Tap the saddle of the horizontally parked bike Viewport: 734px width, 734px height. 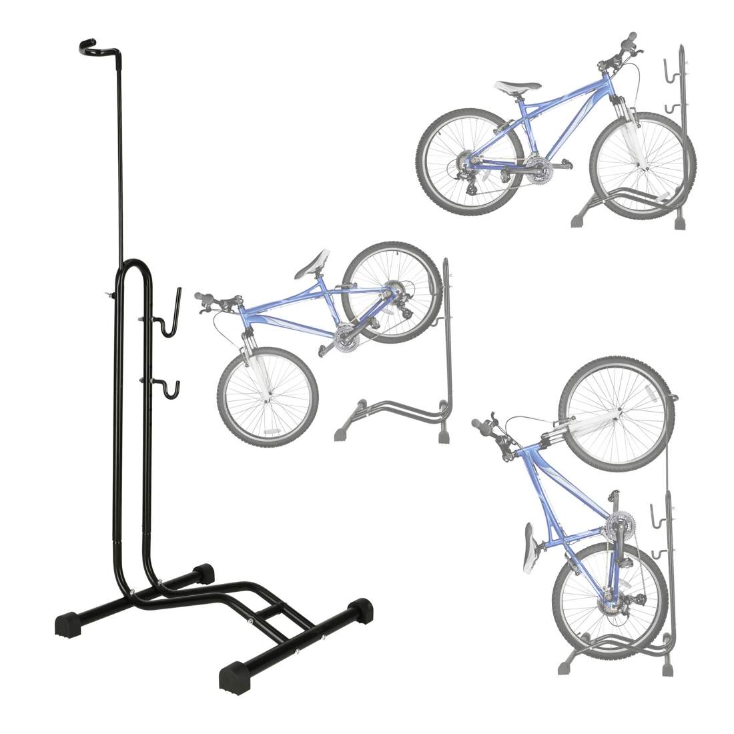click(x=516, y=87)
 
